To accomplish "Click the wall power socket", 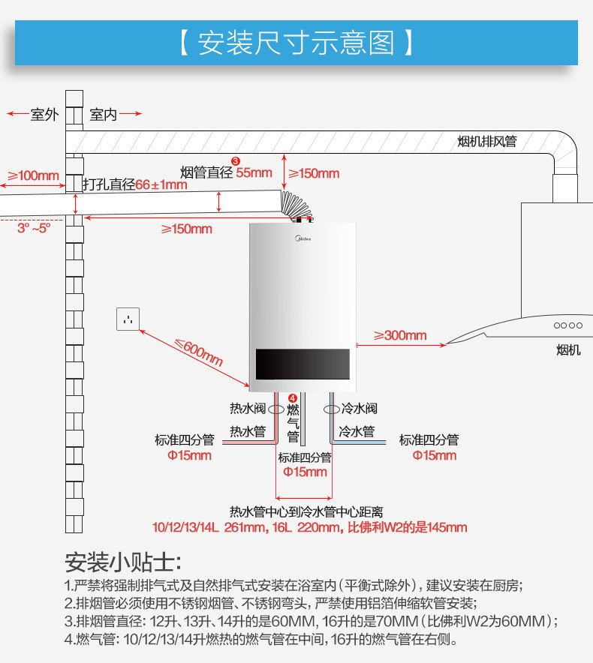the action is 129,319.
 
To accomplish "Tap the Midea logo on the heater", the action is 300,241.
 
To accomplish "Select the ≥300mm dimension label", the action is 400,335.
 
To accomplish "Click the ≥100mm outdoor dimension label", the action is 33,175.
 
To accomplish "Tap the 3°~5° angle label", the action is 34,227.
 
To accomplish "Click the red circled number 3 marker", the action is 235,160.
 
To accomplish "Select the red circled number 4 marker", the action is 293,399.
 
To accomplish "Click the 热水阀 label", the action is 248,409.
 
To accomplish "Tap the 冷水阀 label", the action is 360,409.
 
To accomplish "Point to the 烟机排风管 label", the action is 487,141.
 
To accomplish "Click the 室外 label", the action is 44,115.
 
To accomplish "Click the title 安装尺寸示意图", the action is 296,43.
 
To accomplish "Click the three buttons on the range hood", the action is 567,325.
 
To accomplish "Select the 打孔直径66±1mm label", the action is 135,184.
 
